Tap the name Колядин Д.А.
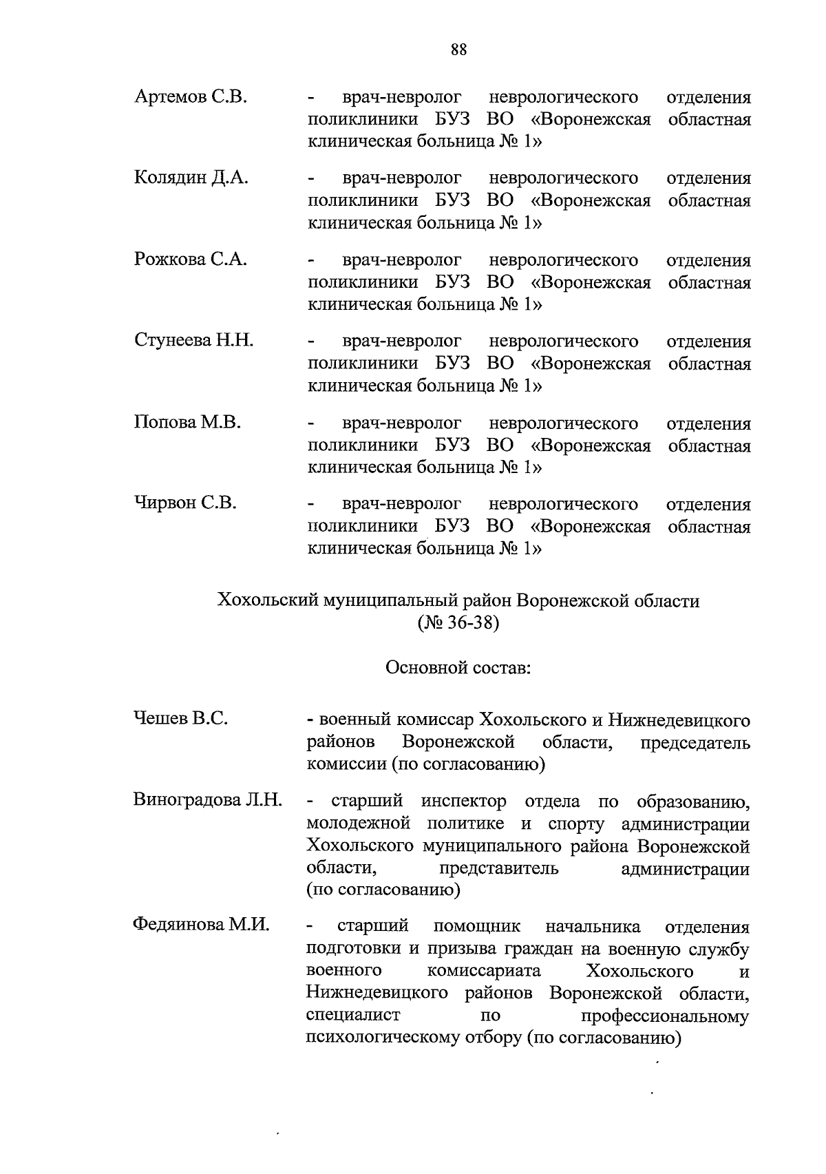click(191, 178)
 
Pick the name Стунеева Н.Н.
click(193, 340)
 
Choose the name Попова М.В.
click(187, 422)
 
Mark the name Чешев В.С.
click(180, 719)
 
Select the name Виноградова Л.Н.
click(207, 800)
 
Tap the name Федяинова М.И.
click(200, 925)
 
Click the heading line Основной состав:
click(458, 669)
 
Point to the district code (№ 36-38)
click(458, 624)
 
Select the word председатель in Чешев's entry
click(695, 744)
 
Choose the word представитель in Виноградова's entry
click(499, 868)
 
